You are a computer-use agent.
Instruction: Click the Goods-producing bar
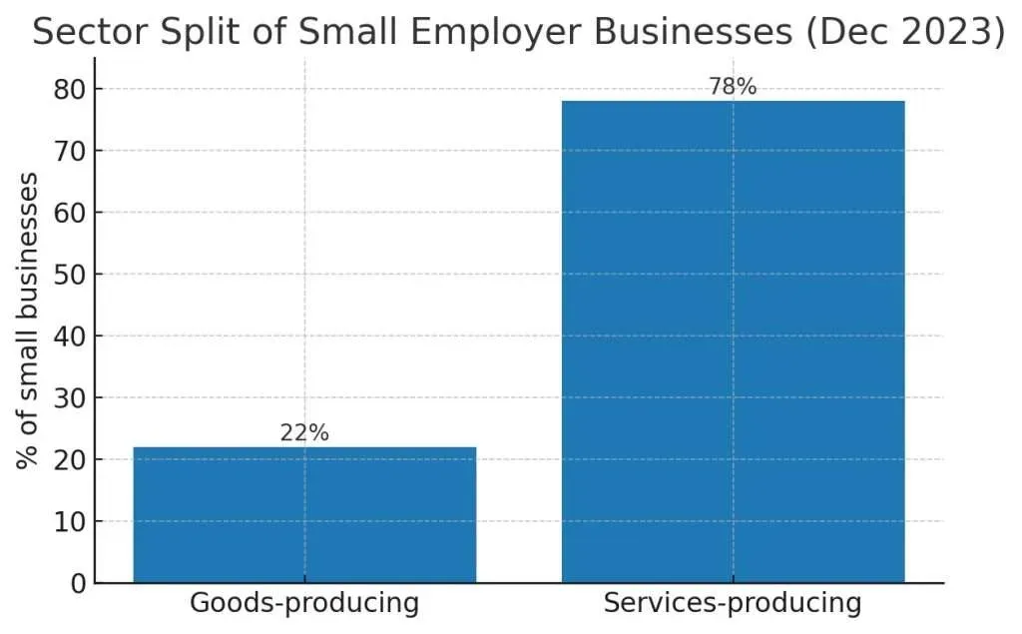pyautogui.click(x=304, y=514)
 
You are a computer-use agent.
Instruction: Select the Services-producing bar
pyautogui.click(x=734, y=341)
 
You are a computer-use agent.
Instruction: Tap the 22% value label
pyautogui.click(x=304, y=432)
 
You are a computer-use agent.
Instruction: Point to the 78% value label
pyautogui.click(x=733, y=86)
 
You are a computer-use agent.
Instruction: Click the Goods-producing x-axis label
pyautogui.click(x=304, y=603)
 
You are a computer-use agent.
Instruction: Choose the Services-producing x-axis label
pyautogui.click(x=733, y=603)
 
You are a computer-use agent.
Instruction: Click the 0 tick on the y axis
pyautogui.click(x=78, y=583)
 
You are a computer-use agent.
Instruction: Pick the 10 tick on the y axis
pyautogui.click(x=70, y=522)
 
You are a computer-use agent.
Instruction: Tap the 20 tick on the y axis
pyautogui.click(x=70, y=460)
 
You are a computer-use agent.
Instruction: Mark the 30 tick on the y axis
pyautogui.click(x=70, y=398)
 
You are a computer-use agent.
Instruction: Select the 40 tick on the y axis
pyautogui.click(x=70, y=336)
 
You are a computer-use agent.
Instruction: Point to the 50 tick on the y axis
pyautogui.click(x=70, y=275)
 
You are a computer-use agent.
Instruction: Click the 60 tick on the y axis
pyautogui.click(x=70, y=213)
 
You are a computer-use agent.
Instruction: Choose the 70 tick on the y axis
pyautogui.click(x=70, y=152)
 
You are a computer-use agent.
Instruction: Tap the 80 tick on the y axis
pyautogui.click(x=70, y=90)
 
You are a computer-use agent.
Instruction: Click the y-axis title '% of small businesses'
pyautogui.click(x=27, y=320)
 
